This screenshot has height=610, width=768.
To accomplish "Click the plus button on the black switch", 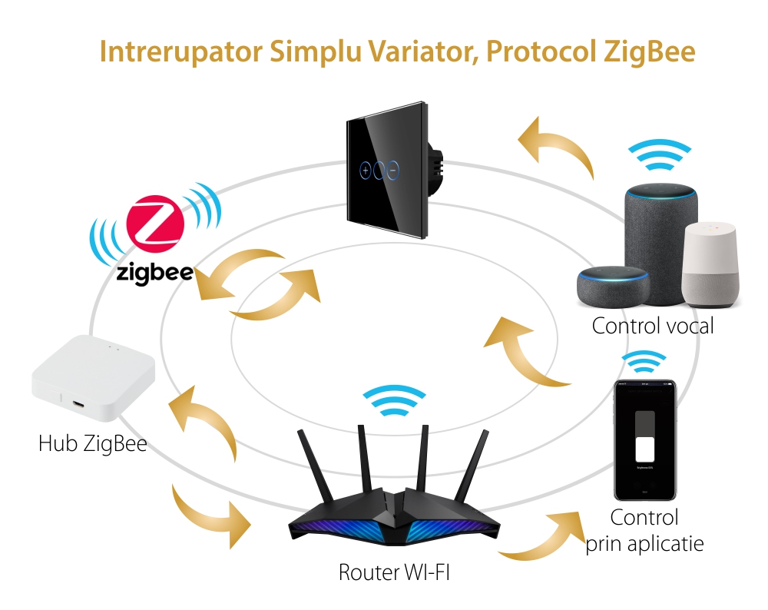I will point(366,169).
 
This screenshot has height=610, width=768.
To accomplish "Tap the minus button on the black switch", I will point(393,169).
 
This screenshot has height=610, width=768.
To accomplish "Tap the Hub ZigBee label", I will point(92,443).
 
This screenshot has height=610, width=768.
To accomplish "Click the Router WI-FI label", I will point(389,573).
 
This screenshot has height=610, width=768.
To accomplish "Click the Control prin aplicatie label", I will point(644,531).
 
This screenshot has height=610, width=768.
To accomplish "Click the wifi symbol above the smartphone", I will point(644,361).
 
